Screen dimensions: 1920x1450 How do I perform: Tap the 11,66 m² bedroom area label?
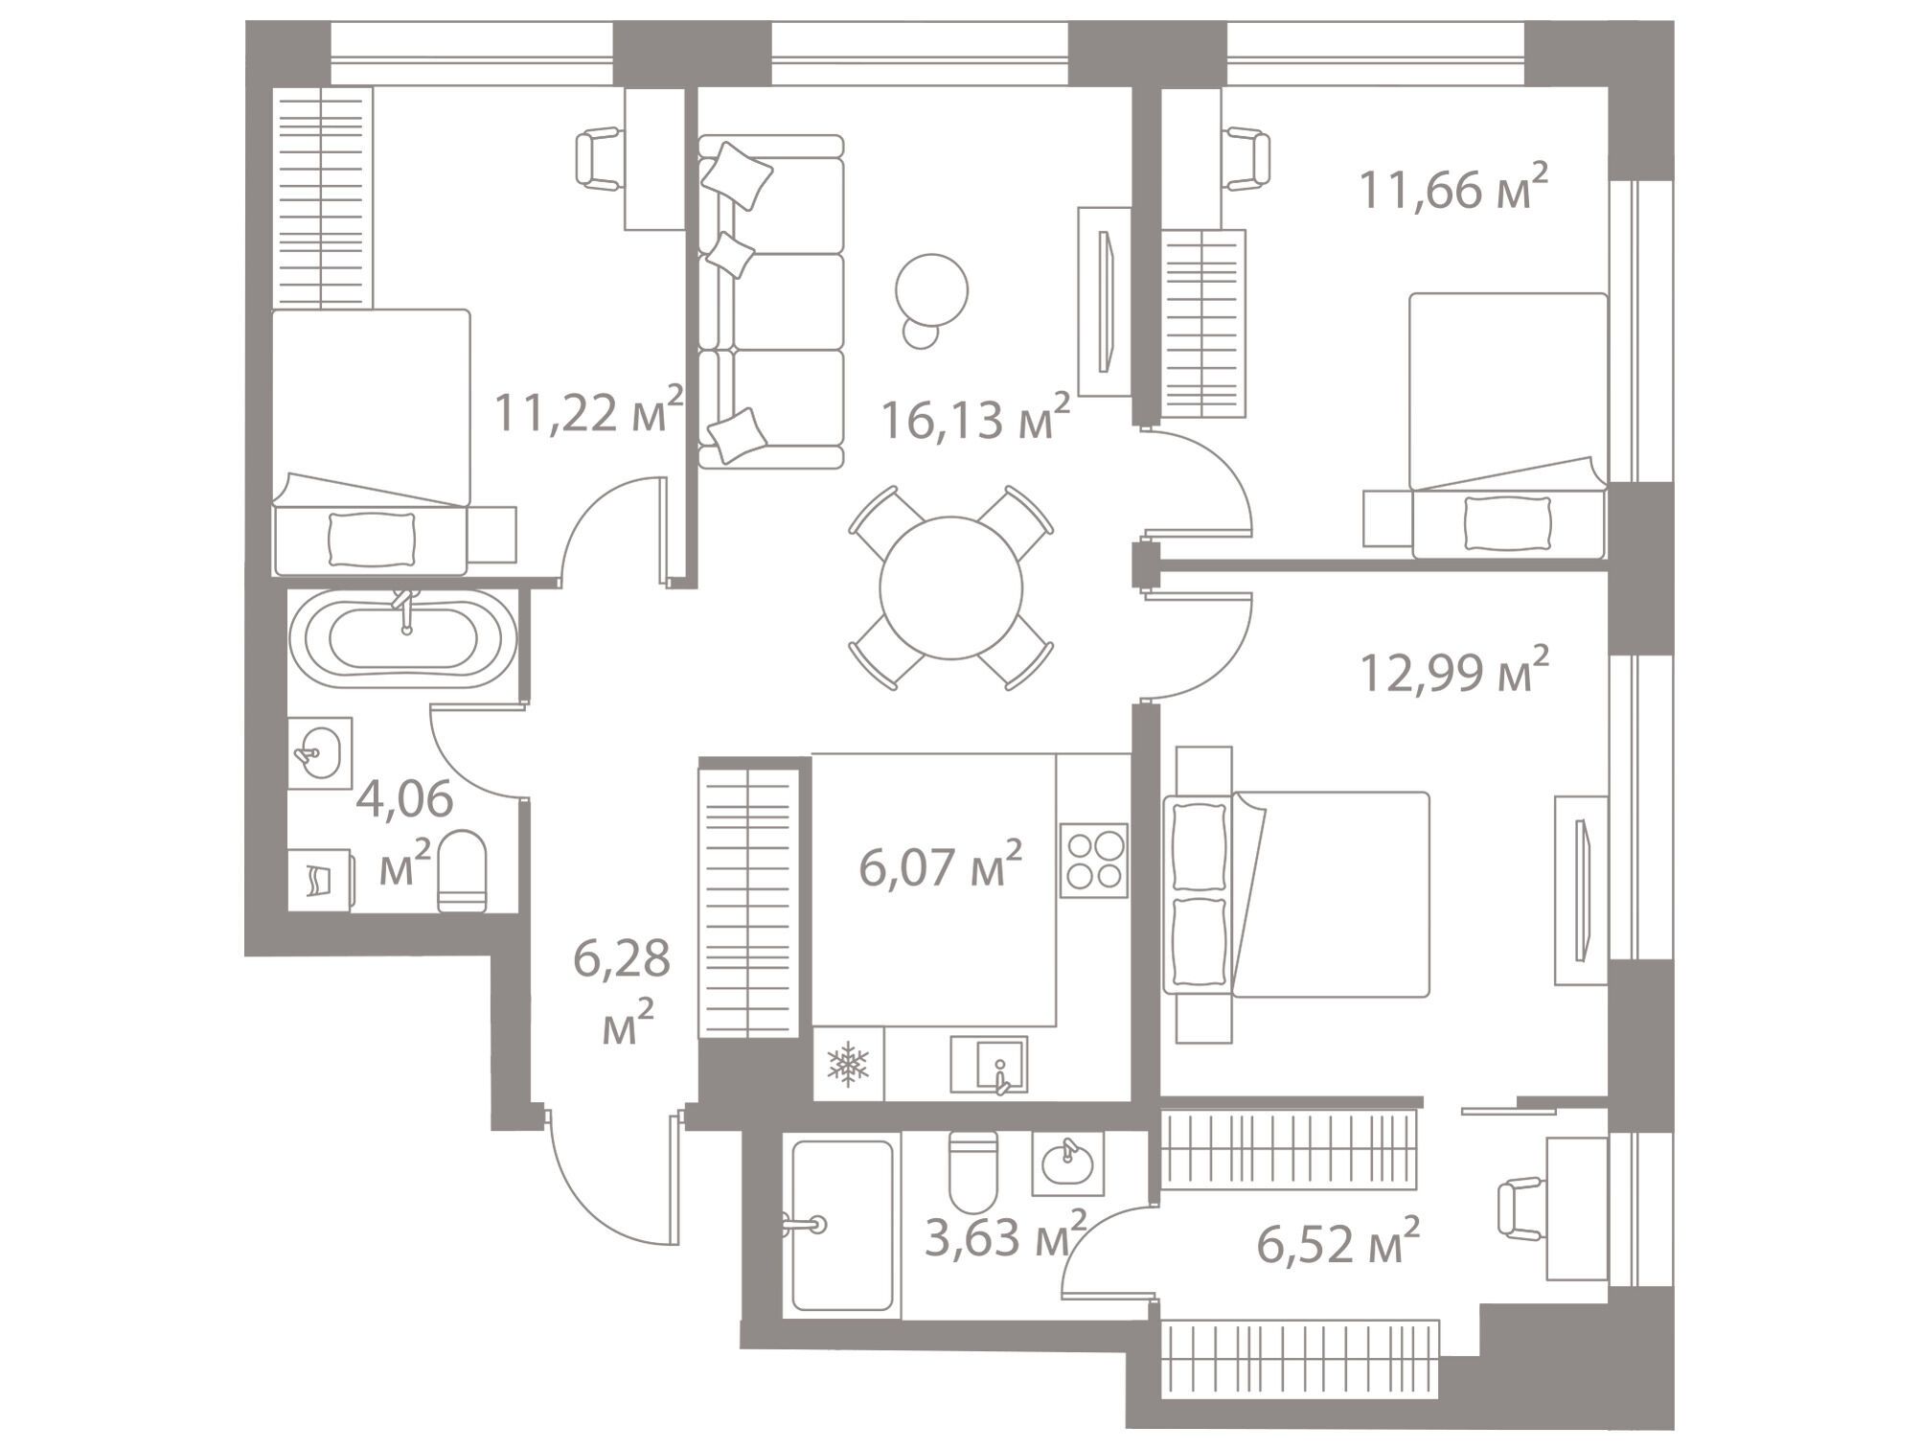[1453, 188]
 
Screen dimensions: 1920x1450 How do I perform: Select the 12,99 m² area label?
[1454, 670]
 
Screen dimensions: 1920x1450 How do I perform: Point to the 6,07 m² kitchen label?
[941, 865]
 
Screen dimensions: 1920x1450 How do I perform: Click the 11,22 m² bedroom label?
[588, 411]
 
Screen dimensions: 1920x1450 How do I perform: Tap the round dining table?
[950, 587]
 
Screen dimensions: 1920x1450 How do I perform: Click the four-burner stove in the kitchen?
[1094, 861]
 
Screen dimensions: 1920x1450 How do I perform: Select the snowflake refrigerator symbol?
[848, 1064]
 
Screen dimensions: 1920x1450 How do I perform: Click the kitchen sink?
[989, 1065]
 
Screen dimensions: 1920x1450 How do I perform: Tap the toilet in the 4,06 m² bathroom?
[462, 871]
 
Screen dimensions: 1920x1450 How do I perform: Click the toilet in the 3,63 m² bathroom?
[973, 1172]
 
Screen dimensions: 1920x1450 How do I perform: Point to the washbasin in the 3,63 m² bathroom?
[1067, 1163]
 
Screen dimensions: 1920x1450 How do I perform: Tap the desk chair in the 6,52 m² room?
[1521, 1208]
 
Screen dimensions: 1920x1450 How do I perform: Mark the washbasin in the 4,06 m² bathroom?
[319, 753]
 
